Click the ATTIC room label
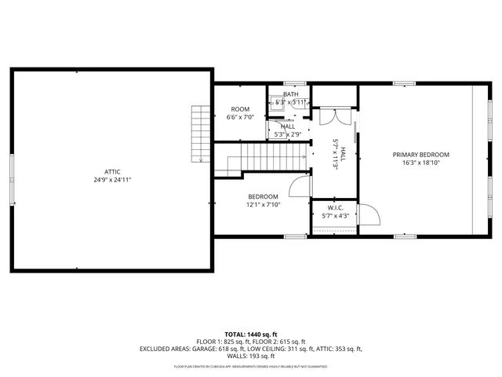coord(113,171)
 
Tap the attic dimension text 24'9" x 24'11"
coord(113,180)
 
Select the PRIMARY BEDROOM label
coord(421,155)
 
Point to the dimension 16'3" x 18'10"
coord(421,163)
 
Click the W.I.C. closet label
coord(336,207)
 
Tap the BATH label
coord(290,94)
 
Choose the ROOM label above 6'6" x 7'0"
coord(240,109)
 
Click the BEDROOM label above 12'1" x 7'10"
coord(263,196)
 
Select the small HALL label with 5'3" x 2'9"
coord(288,126)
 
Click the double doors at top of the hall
coord(332,116)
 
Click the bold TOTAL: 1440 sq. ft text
coord(251,334)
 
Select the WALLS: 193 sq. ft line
coord(251,356)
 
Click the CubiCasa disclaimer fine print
coord(251,366)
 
